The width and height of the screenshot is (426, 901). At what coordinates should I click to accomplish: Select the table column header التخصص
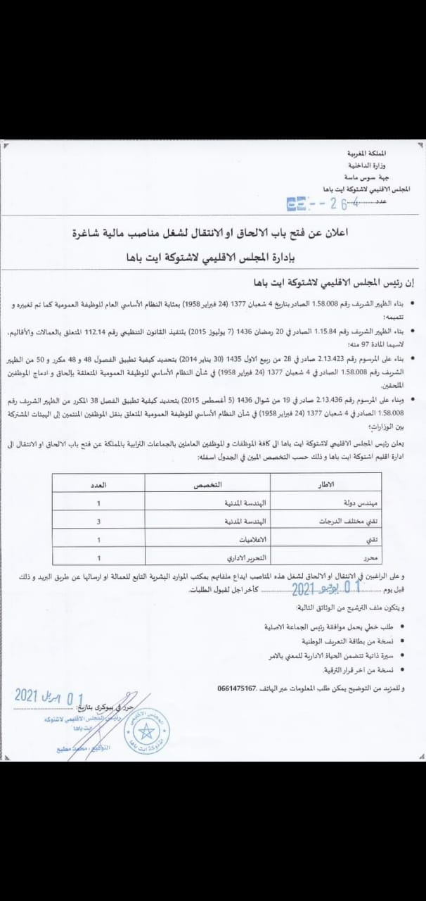(x=208, y=486)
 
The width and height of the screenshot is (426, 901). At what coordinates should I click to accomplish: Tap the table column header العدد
(x=99, y=486)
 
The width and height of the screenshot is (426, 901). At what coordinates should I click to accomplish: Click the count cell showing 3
(x=99, y=522)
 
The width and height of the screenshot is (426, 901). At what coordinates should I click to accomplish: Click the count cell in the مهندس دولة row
(x=99, y=504)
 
